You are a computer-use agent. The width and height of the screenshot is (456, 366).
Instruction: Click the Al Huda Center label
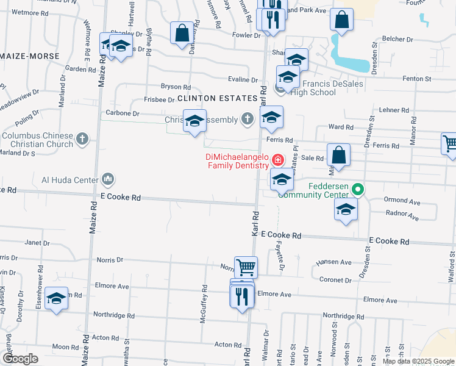[69, 179]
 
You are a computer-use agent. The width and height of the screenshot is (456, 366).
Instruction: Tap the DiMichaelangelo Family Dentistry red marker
[277, 160]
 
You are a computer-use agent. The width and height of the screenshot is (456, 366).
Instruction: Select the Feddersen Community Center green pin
[358, 190]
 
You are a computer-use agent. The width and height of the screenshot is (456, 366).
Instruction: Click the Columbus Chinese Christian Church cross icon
[83, 140]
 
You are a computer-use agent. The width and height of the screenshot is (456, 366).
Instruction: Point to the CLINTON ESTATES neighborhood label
[218, 98]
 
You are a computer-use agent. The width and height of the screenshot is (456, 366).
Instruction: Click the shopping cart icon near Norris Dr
[246, 267]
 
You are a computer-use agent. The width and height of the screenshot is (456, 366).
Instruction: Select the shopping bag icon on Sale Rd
[340, 154]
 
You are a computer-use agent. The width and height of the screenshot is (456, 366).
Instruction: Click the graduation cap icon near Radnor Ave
[346, 209]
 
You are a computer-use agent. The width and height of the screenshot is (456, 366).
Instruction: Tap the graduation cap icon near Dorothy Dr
[56, 298]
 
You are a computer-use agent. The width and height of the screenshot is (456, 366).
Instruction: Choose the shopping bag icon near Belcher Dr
[342, 19]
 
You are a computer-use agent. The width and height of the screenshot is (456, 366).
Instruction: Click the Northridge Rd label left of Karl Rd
[113, 315]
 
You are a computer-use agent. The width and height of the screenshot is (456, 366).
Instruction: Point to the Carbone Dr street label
[119, 113]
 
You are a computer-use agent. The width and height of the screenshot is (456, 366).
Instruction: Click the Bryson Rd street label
[176, 87]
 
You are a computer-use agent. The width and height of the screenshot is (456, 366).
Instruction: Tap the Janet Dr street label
[37, 243]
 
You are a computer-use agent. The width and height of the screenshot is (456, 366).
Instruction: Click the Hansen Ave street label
[333, 262]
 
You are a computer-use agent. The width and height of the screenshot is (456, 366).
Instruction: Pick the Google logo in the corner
[20, 359]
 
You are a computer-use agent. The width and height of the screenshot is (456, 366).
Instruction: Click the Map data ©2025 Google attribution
[418, 361]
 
